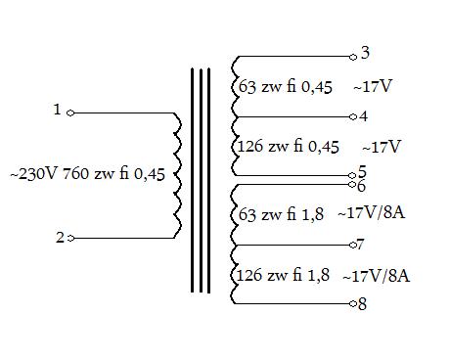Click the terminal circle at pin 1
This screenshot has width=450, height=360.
tap(70, 113)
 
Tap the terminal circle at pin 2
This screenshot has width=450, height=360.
tap(70, 239)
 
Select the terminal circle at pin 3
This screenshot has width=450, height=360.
tap(353, 57)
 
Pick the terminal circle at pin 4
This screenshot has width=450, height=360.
tap(353, 116)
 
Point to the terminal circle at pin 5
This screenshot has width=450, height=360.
tap(352, 176)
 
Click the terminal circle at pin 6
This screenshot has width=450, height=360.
tap(352, 185)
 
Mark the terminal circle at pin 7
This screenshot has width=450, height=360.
tap(353, 245)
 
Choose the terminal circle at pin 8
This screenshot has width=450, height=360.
tap(353, 304)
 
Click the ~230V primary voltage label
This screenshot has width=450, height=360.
tap(33, 174)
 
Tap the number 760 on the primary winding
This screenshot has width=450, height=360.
tap(75, 173)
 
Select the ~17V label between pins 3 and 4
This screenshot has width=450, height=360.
tap(372, 86)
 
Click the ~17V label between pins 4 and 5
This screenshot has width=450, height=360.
tap(382, 147)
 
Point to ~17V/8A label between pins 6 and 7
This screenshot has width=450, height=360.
tap(372, 213)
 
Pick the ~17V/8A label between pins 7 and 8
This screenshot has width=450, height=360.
tap(377, 276)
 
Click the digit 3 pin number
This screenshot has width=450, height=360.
tap(365, 53)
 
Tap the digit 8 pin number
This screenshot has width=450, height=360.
tap(362, 304)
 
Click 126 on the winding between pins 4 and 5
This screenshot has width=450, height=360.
tap(250, 146)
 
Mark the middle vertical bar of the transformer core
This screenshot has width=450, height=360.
tap(201, 180)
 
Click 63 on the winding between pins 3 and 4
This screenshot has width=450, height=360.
tap(247, 87)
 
